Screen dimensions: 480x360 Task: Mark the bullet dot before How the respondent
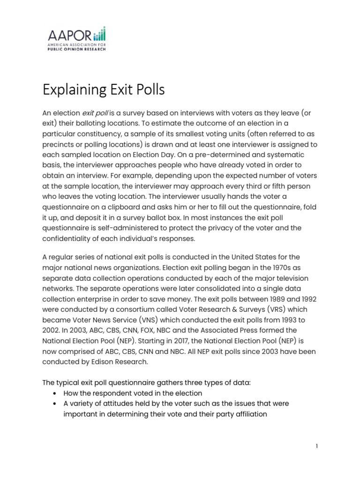(x=56, y=393)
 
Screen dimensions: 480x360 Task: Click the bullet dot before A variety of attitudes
(x=56, y=404)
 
